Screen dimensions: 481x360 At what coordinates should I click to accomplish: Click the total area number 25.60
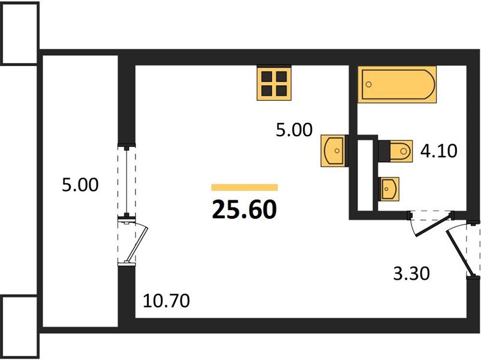click(x=244, y=209)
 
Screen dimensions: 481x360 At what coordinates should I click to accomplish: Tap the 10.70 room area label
click(x=166, y=301)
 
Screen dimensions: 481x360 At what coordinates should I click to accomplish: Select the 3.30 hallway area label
click(x=411, y=274)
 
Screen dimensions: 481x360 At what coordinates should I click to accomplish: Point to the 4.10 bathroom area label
click(x=438, y=151)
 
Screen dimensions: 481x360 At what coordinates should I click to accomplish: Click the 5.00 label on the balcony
click(x=80, y=185)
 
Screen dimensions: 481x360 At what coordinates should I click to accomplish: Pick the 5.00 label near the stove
click(x=294, y=130)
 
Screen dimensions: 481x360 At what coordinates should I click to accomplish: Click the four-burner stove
click(x=274, y=83)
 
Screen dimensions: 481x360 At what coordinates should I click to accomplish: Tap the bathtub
click(x=397, y=84)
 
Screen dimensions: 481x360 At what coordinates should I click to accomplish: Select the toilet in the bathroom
click(x=395, y=151)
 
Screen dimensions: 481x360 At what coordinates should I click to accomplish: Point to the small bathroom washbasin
click(x=389, y=189)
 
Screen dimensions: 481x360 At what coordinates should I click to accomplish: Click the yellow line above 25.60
click(x=245, y=187)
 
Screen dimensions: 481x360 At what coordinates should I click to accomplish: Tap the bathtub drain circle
click(x=369, y=84)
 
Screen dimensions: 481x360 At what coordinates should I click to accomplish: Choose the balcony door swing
click(x=136, y=242)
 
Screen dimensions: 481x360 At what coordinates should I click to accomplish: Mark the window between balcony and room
click(x=127, y=181)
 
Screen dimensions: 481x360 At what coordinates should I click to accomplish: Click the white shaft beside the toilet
click(x=365, y=176)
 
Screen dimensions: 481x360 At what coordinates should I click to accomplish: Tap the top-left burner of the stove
click(x=266, y=76)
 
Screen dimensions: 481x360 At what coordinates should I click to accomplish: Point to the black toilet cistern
click(x=384, y=151)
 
